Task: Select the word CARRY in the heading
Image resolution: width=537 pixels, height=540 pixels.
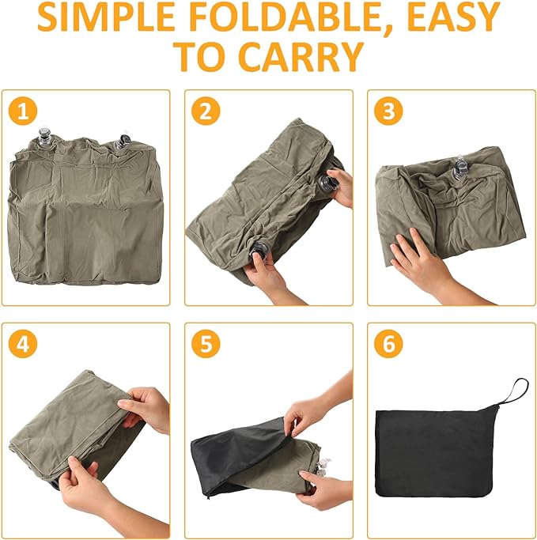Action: tap(301, 56)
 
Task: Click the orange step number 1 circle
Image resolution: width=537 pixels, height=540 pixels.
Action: tap(23, 111)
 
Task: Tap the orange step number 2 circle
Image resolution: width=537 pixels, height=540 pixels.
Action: tap(206, 111)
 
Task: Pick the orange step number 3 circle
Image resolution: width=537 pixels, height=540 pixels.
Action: tap(388, 111)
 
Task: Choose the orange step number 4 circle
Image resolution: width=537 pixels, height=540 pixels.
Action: tap(23, 344)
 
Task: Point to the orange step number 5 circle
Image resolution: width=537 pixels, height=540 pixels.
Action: tap(206, 344)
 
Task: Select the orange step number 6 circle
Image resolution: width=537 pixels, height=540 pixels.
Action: tap(388, 344)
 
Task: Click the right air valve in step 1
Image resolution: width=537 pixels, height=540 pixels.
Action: tap(123, 142)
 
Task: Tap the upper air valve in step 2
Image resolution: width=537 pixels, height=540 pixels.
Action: tap(326, 183)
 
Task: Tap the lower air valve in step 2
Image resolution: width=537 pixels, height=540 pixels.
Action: tap(259, 251)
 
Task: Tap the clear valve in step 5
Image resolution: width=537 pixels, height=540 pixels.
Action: tap(323, 466)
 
